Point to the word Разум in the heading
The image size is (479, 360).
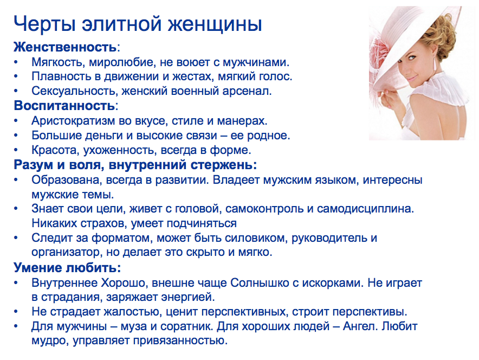[x=32, y=164]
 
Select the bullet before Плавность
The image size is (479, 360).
[x=17, y=76]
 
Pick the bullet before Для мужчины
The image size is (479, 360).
[x=17, y=327]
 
